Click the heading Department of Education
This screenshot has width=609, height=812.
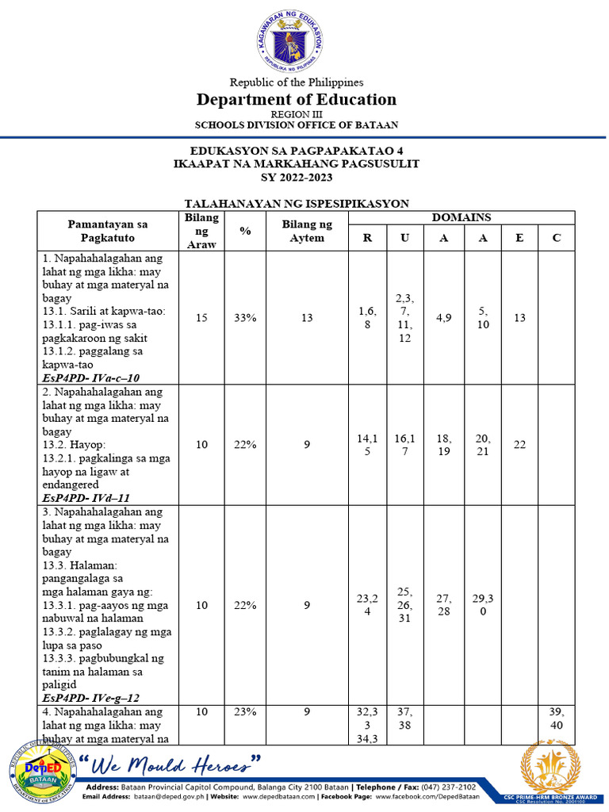click(297, 99)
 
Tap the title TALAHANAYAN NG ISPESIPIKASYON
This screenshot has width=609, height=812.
click(297, 204)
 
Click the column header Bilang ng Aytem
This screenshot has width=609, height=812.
click(307, 231)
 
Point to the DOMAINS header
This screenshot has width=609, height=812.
click(461, 217)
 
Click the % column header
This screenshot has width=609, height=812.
click(245, 231)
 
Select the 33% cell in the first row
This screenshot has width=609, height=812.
click(245, 317)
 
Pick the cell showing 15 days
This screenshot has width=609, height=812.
click(202, 317)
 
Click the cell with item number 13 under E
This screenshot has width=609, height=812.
click(519, 317)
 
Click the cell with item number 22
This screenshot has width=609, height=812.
click(519, 445)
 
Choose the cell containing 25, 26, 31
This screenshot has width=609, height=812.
click(404, 605)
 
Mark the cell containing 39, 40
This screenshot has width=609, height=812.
click(557, 718)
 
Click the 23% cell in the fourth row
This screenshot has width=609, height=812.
click(245, 712)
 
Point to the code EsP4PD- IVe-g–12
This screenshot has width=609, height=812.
click(91, 697)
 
